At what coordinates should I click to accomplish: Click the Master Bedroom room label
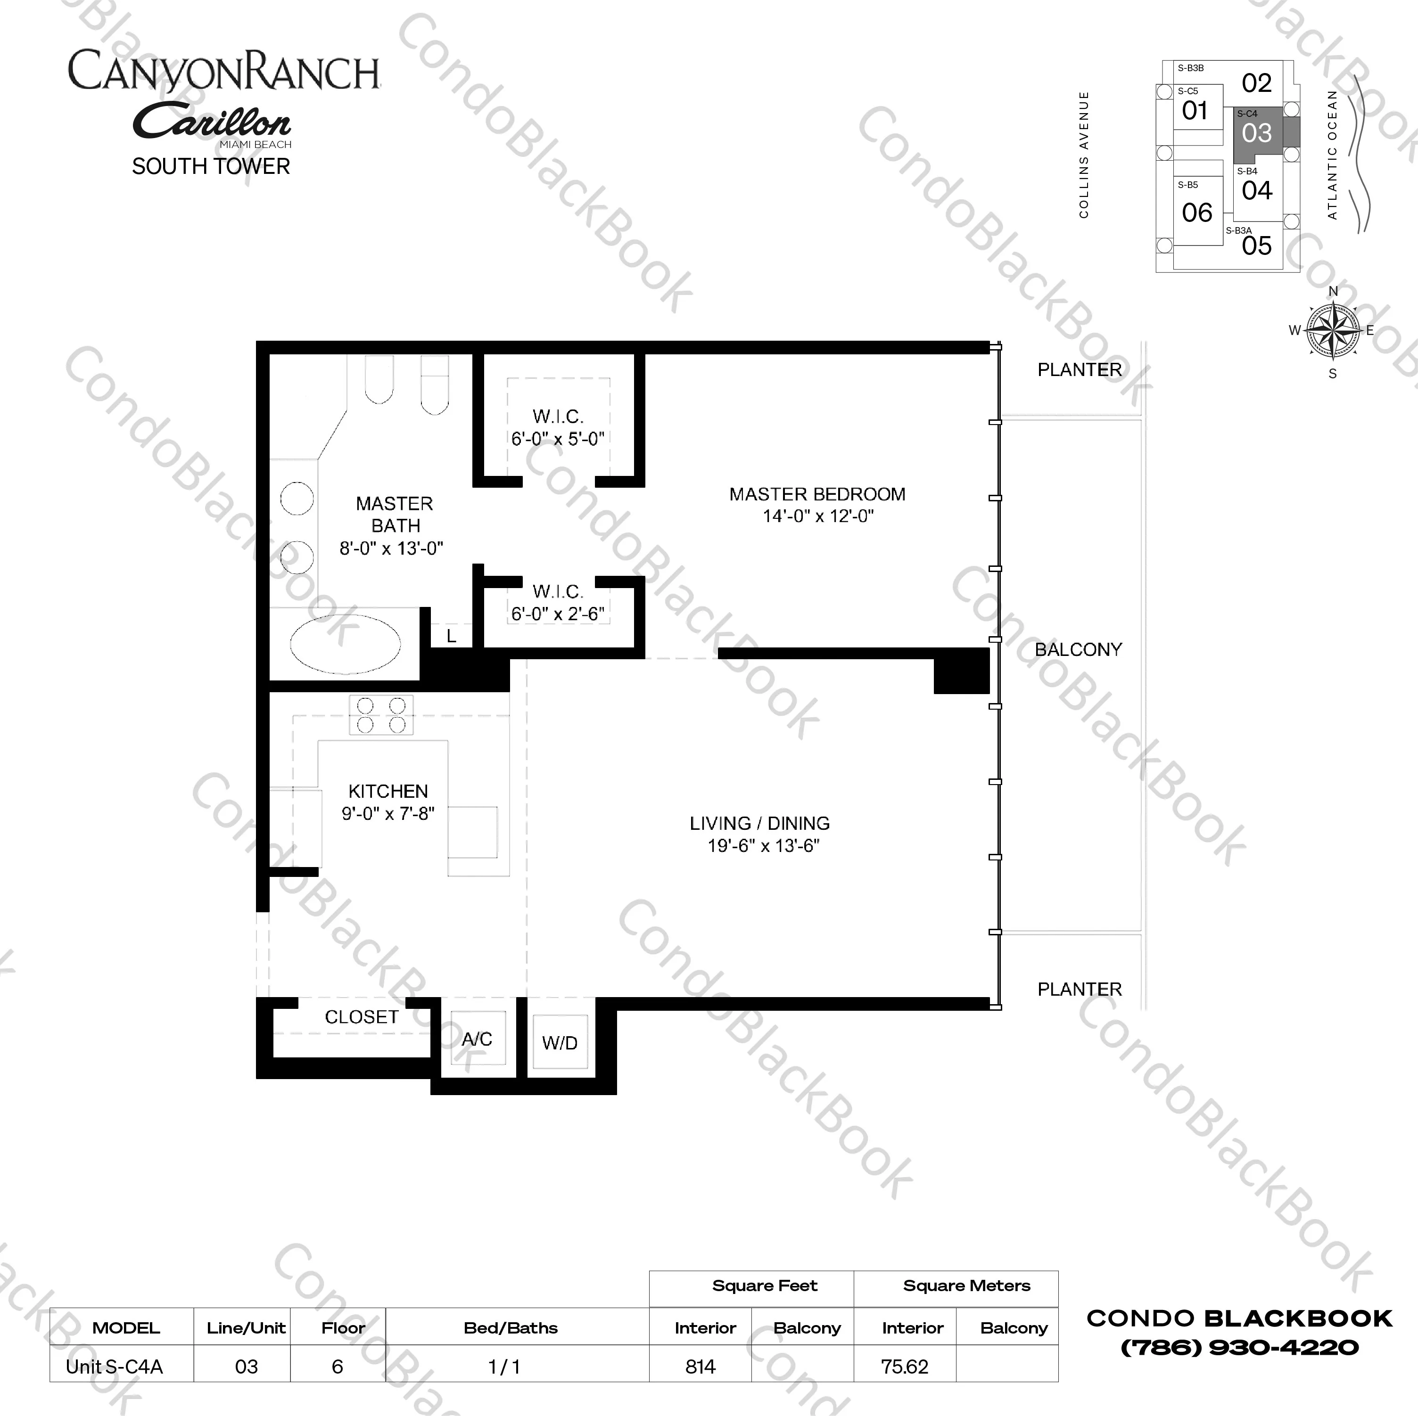817,494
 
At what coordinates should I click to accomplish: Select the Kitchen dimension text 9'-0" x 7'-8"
388,814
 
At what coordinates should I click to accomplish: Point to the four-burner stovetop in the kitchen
381,715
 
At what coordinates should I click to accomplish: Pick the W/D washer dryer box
560,1042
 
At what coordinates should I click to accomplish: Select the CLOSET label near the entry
362,1017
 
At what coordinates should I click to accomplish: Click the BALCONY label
1078,649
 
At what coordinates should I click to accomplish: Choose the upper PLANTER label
1080,370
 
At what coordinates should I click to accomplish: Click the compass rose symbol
1333,331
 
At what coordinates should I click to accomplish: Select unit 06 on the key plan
1197,213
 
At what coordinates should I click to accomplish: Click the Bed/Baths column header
511,1327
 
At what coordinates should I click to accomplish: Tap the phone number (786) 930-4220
1240,1347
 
